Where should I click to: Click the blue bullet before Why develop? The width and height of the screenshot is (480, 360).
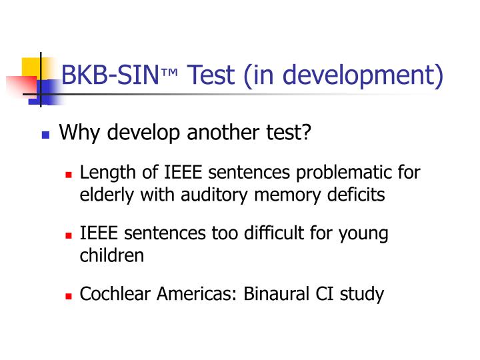tap(45, 135)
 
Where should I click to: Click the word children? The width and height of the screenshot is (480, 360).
tap(112, 255)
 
